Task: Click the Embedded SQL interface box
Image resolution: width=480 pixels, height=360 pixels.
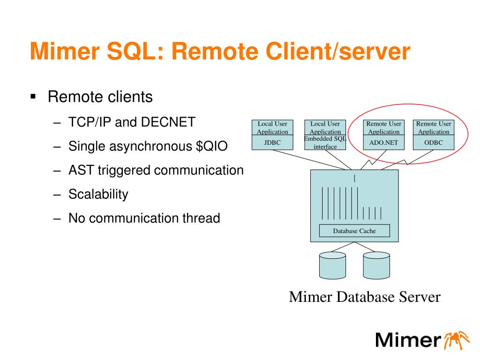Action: (x=325, y=143)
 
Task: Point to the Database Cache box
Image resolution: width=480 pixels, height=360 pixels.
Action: (x=354, y=231)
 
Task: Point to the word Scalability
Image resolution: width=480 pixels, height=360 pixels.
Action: (x=98, y=194)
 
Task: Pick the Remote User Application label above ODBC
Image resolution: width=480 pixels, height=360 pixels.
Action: (x=434, y=127)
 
